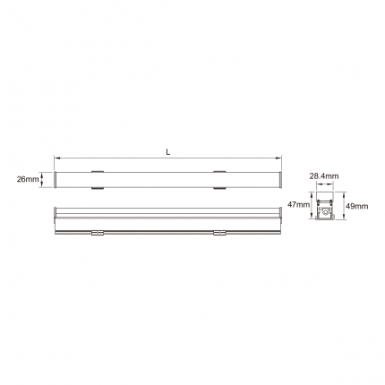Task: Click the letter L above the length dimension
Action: pos(168,152)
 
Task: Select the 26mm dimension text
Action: pos(28,179)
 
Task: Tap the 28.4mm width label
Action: pos(324,176)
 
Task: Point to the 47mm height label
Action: pos(298,204)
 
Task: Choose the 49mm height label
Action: pos(357,206)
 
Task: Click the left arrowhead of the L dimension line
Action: pos(56,158)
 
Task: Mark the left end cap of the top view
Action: pos(56,180)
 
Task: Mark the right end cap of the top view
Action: pos(280,180)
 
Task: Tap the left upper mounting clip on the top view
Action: pos(98,172)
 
